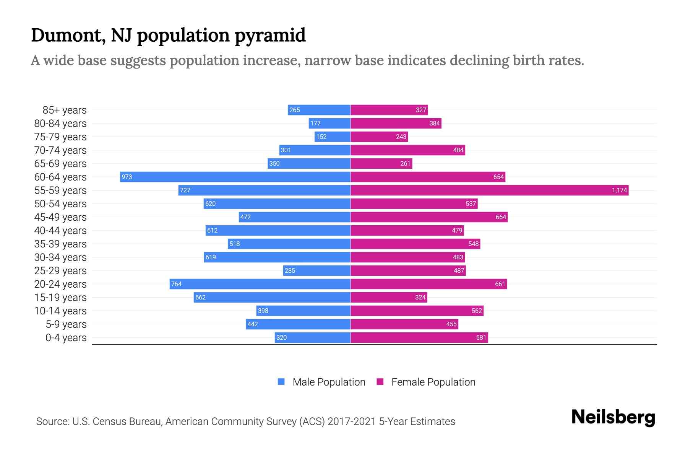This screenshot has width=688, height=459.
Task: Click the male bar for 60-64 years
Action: coord(235,177)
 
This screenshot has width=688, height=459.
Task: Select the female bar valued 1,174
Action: coord(489,190)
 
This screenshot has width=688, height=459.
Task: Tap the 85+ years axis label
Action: coord(64,110)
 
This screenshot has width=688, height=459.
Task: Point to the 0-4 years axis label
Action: coord(66,338)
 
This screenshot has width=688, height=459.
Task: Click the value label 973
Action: coord(127,177)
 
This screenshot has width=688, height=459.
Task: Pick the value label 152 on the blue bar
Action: coord(321,137)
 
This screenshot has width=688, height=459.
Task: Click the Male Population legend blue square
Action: coord(281,382)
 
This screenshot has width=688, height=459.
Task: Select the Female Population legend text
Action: coord(433,382)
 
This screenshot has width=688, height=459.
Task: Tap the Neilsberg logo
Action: coord(613,417)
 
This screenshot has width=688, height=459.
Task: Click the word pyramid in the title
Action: coord(270,36)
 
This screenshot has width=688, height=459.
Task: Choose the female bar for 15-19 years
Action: coord(389,297)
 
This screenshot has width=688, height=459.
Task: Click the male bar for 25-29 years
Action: coord(316,270)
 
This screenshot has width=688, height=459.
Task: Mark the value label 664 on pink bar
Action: coord(501,217)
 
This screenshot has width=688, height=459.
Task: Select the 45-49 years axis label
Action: coord(60,217)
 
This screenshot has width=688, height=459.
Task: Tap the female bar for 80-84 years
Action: coord(396,123)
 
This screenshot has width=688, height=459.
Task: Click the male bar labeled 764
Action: coord(260,284)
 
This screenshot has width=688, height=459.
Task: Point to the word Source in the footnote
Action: coord(52,422)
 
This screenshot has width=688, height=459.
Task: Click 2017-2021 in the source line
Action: coord(352,422)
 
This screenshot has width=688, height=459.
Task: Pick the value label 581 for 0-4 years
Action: coord(481,337)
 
